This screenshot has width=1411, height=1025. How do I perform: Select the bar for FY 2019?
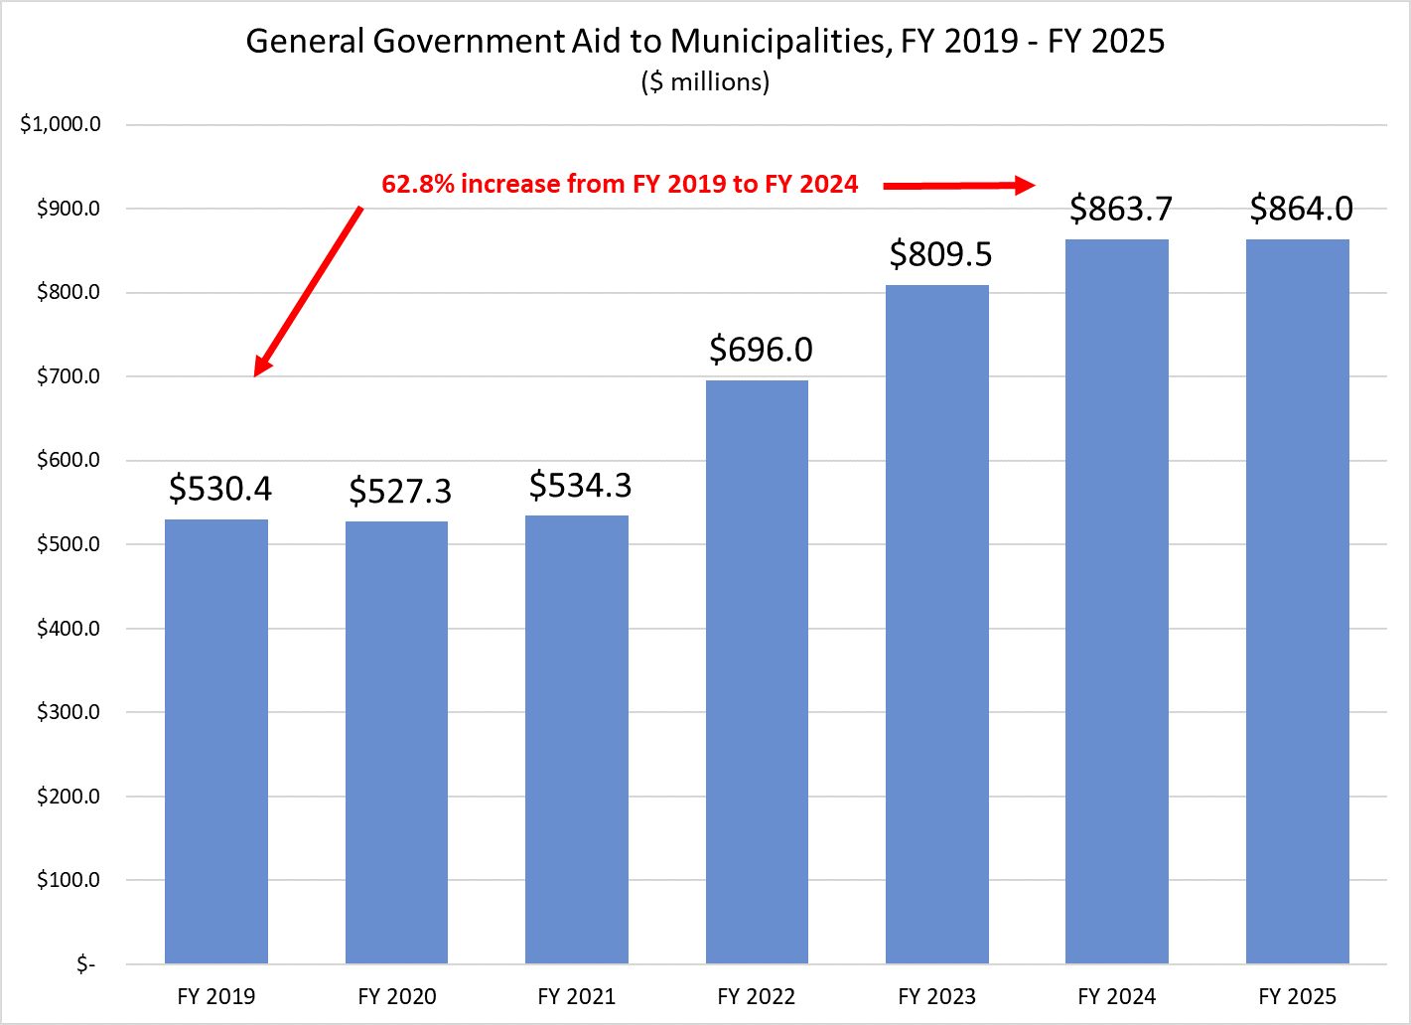(x=216, y=741)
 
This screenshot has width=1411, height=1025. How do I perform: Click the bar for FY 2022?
(x=757, y=671)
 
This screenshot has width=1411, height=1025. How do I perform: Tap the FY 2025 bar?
(x=1297, y=601)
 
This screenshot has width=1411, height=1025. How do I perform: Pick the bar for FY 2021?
(x=577, y=739)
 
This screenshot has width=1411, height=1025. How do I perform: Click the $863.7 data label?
(x=1121, y=209)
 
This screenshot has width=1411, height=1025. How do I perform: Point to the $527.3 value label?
(x=400, y=491)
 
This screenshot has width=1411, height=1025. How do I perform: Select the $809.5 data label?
(x=940, y=254)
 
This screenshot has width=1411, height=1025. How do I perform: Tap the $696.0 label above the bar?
(x=761, y=350)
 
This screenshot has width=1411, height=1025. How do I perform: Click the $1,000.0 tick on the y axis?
(x=61, y=125)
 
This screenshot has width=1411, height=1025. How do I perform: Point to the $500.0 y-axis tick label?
(x=69, y=544)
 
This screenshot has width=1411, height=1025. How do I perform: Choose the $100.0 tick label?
(x=69, y=880)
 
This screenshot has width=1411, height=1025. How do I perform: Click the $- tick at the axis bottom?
(x=85, y=964)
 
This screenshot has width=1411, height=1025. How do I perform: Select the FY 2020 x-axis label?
(x=397, y=996)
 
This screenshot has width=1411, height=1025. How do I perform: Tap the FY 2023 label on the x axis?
(x=936, y=996)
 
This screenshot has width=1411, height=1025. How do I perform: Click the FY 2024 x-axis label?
(x=1117, y=996)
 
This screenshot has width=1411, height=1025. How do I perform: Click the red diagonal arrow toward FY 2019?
(x=308, y=292)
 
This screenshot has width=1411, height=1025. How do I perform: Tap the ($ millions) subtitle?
(x=705, y=81)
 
